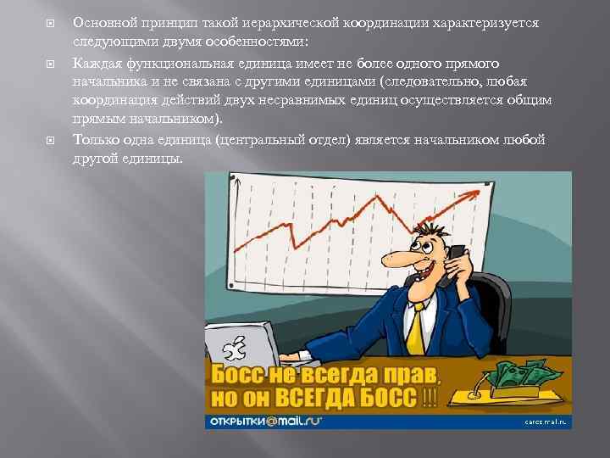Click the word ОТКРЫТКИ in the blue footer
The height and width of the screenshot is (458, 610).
tap(240, 422)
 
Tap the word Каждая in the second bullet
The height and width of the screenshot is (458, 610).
tap(95, 63)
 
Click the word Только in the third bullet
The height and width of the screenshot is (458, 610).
tap(95, 140)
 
